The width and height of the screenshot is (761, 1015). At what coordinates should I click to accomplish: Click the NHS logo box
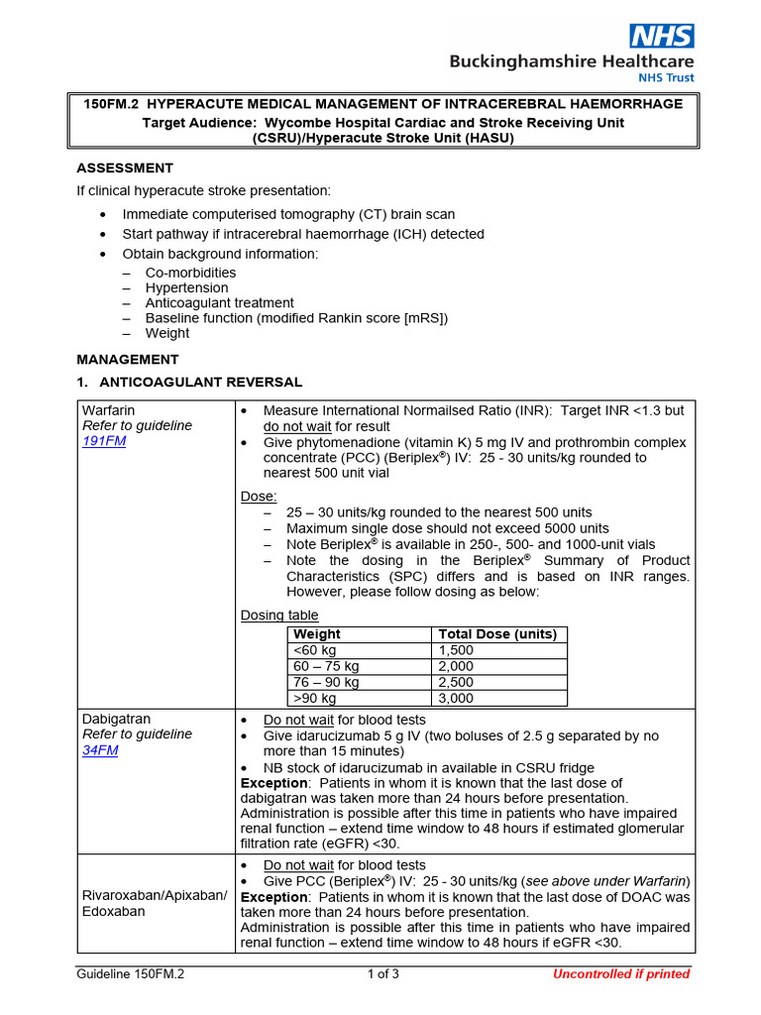(x=663, y=37)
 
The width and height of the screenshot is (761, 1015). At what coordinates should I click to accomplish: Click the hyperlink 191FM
(x=103, y=441)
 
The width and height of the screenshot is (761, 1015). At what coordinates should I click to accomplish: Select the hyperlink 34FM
(x=100, y=750)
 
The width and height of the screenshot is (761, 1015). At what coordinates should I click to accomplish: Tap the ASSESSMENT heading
(x=125, y=168)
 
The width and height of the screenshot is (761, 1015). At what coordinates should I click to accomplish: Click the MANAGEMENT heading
(x=128, y=359)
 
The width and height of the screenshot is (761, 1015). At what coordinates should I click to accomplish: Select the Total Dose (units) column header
(x=496, y=634)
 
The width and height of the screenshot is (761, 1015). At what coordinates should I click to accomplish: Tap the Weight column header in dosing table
(x=317, y=634)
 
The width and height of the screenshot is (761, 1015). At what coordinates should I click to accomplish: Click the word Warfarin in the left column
(x=109, y=409)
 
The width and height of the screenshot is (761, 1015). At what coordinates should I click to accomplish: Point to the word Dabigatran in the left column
(x=116, y=719)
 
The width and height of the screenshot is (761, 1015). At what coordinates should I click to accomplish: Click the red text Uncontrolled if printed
(x=620, y=973)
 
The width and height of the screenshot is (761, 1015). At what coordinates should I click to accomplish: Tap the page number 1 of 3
(x=382, y=973)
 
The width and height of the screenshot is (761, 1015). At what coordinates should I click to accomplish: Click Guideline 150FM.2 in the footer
(x=131, y=973)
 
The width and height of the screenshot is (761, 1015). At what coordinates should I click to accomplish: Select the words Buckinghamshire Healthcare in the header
(x=572, y=61)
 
